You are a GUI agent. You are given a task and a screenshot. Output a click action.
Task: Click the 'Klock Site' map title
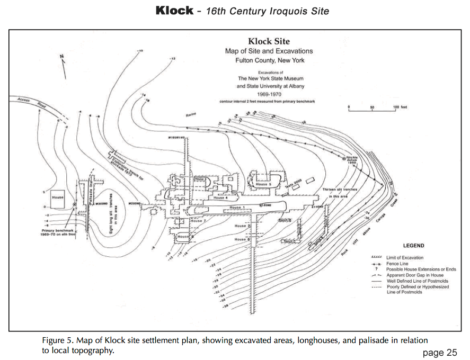(269, 41)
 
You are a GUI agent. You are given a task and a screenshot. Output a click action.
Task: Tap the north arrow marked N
(63, 65)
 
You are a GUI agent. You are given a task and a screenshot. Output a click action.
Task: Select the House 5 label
(263, 184)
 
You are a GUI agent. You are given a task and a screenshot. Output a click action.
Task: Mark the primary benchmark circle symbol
(74, 204)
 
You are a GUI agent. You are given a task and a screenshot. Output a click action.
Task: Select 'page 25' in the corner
(439, 352)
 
